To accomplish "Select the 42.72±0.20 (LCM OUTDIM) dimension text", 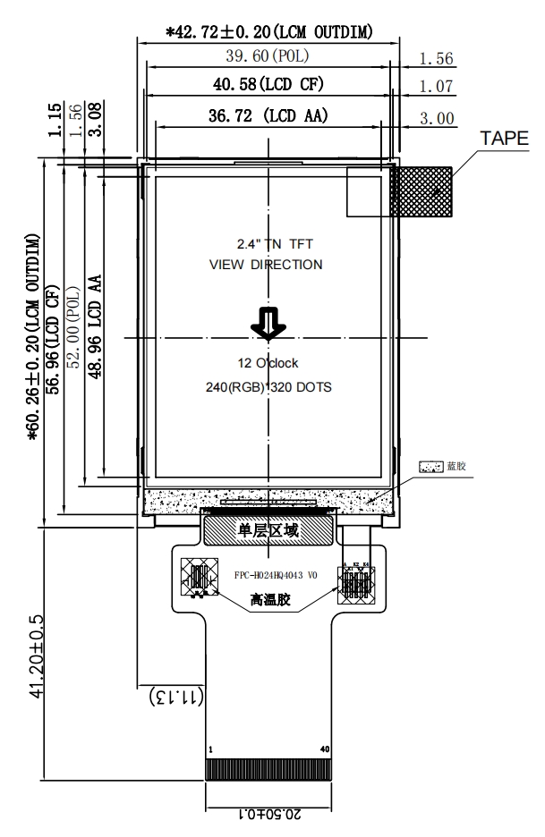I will (269, 32).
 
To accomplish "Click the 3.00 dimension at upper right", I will (436, 118).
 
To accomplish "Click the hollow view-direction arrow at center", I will (268, 324).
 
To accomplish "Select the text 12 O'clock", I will (268, 363).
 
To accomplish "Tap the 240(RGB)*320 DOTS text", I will (268, 388).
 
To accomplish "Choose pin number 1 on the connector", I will (210, 749).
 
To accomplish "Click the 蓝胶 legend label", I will (457, 468).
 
